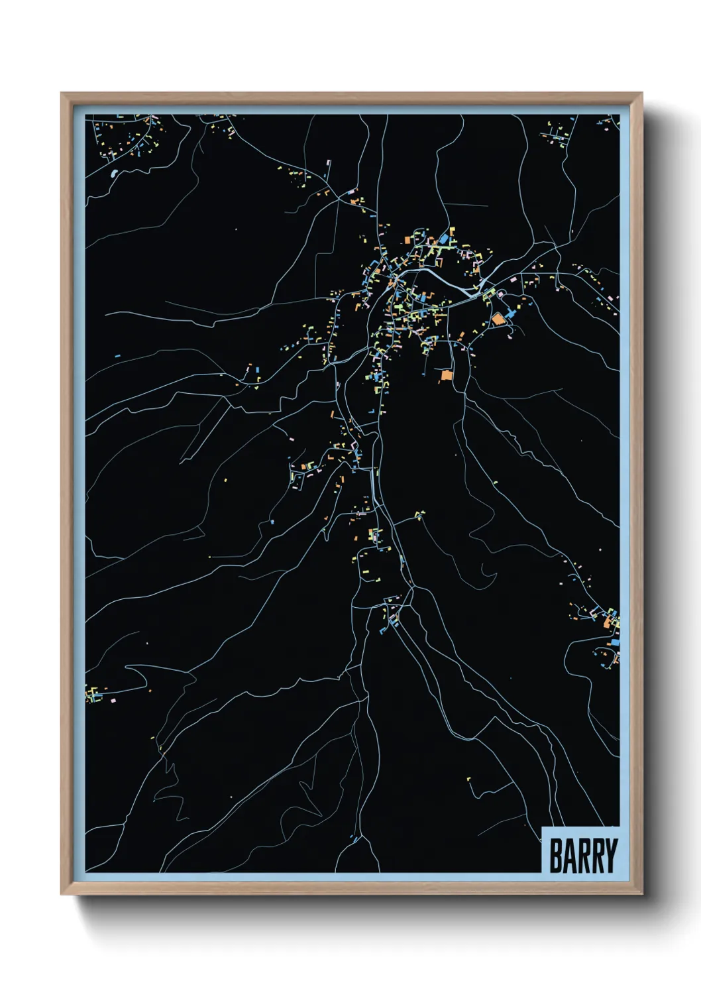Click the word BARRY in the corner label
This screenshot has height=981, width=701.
pos(582,856)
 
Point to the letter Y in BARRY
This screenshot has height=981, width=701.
pos(610,856)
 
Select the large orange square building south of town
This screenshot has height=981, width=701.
pos(446,375)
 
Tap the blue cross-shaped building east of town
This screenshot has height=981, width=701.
pos(511,312)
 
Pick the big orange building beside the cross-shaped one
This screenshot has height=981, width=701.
pos(497,319)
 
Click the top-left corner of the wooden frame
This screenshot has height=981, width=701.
pos(62,94)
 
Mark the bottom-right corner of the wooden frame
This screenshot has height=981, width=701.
pos(641,893)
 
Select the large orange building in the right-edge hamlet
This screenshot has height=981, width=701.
pos(608,622)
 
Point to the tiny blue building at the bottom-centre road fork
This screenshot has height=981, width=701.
pos(354,840)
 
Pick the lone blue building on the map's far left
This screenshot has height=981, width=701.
pos(117,356)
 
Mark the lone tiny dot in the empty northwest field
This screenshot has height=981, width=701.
pos(236,230)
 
